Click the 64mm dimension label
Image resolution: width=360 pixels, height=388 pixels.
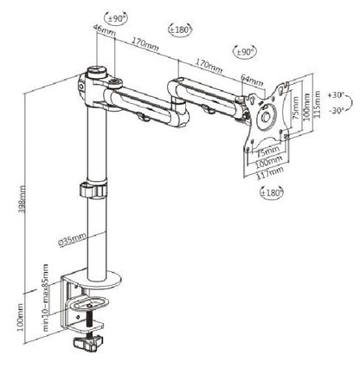[x=253, y=81]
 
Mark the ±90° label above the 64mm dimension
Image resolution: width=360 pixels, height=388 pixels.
[x=246, y=51]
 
